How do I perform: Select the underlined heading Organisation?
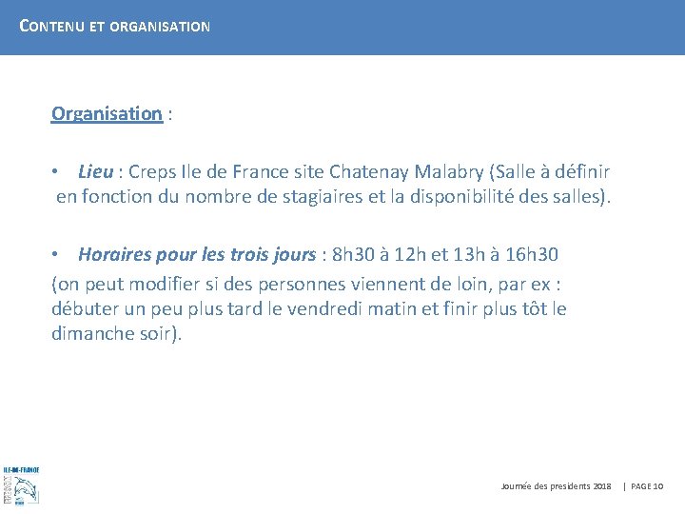click(107, 114)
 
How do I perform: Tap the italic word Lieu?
click(95, 172)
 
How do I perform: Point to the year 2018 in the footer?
click(602, 486)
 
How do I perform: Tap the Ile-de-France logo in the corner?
click(20, 484)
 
